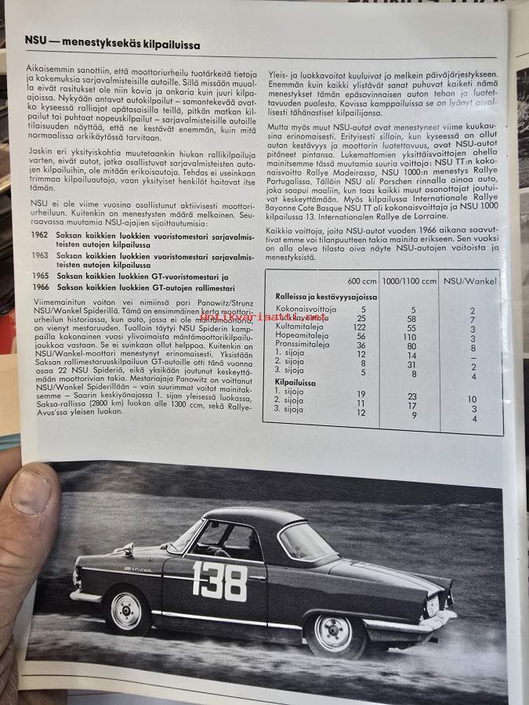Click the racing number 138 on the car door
click(x=219, y=581)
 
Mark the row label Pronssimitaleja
click(x=302, y=345)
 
